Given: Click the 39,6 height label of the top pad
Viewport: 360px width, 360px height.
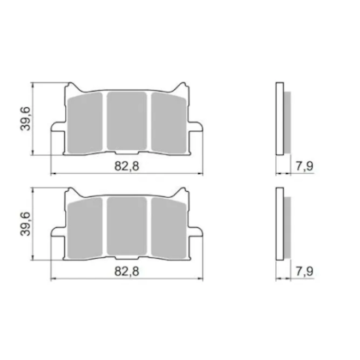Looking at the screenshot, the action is (x=26, y=118).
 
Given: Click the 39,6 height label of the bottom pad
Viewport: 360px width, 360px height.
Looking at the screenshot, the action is (x=26, y=224).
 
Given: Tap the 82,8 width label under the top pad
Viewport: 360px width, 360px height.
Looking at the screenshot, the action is (x=127, y=165).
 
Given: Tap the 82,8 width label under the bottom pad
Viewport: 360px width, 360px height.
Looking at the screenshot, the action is (x=127, y=271).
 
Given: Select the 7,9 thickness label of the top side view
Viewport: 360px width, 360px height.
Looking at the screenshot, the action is (x=304, y=165).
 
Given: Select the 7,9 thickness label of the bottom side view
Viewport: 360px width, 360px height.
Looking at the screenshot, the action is (x=304, y=271).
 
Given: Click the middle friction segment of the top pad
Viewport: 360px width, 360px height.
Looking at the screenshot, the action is (x=127, y=121).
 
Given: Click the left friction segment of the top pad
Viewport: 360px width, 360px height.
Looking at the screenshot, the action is (x=85, y=123).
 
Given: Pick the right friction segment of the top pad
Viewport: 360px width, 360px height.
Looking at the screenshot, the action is (x=169, y=123).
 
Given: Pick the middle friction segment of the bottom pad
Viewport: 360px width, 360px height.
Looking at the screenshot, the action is (x=127, y=226).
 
